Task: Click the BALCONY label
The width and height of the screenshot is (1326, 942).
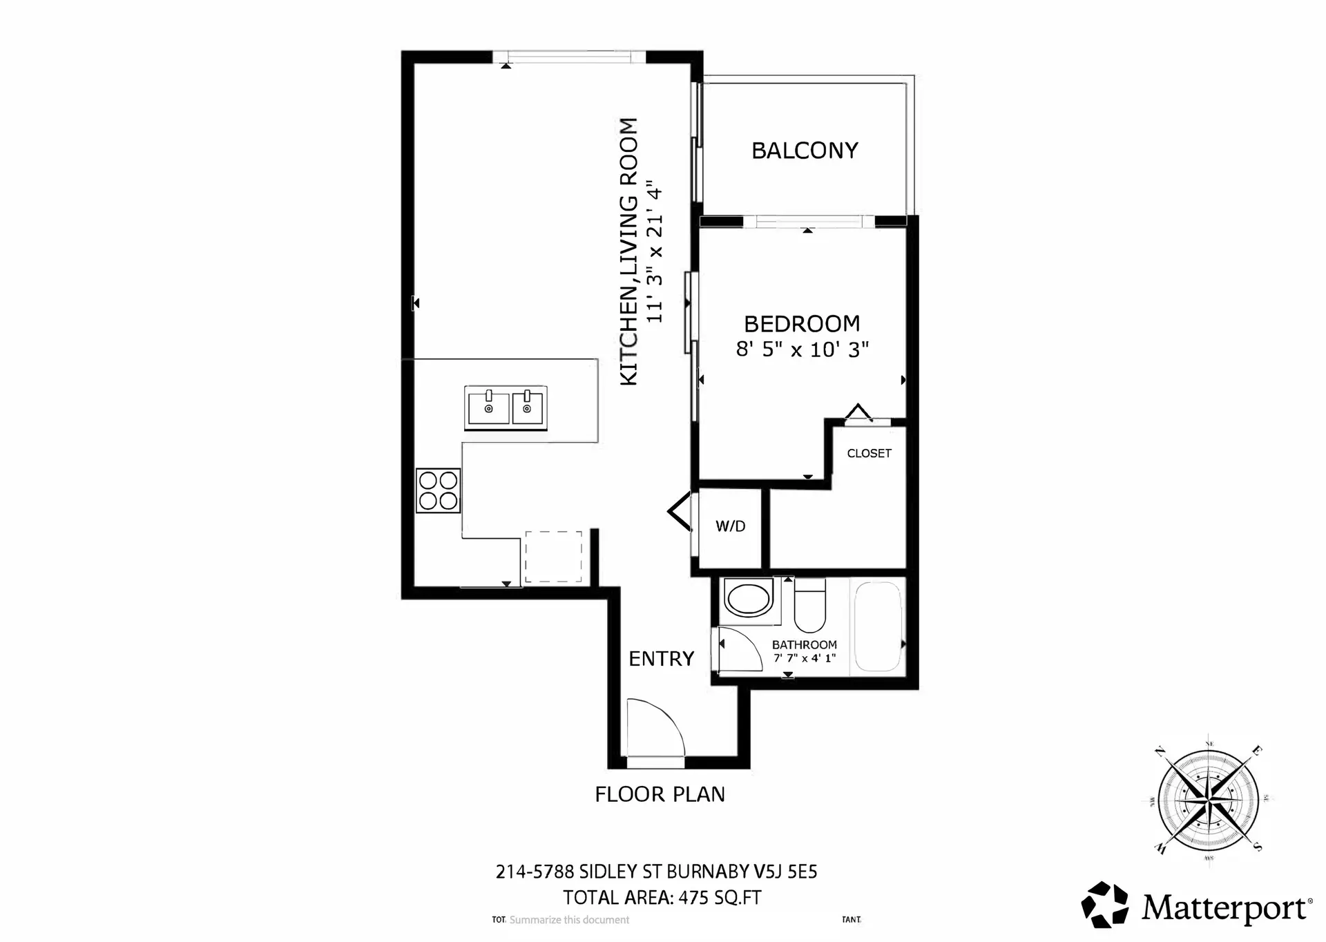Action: pyautogui.click(x=805, y=151)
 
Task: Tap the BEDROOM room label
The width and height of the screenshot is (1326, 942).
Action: pyautogui.click(x=802, y=324)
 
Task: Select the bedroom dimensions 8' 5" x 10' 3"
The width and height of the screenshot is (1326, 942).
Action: pyautogui.click(x=802, y=349)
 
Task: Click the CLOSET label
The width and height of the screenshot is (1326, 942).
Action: pyautogui.click(x=869, y=454)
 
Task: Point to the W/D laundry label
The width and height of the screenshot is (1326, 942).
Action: pyautogui.click(x=730, y=526)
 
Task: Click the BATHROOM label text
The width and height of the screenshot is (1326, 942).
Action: pyautogui.click(x=805, y=644)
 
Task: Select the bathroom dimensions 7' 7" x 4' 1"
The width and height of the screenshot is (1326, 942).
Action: pyautogui.click(x=805, y=658)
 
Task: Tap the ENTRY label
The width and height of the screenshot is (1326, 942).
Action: pyautogui.click(x=661, y=659)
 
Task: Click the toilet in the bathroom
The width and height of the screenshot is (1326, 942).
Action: pyautogui.click(x=809, y=607)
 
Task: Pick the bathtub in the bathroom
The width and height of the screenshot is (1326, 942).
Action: pyautogui.click(x=878, y=627)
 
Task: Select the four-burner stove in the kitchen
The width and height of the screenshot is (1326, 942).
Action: pyautogui.click(x=438, y=490)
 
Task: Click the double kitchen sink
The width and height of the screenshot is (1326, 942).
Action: pyautogui.click(x=506, y=407)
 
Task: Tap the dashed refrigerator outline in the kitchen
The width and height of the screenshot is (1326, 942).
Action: pyautogui.click(x=553, y=557)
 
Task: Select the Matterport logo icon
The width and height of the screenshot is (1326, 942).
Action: pyautogui.click(x=1104, y=904)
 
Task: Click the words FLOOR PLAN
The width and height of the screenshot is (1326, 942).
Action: pyautogui.click(x=660, y=794)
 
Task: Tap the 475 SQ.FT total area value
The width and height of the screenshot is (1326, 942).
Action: pyautogui.click(x=720, y=898)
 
